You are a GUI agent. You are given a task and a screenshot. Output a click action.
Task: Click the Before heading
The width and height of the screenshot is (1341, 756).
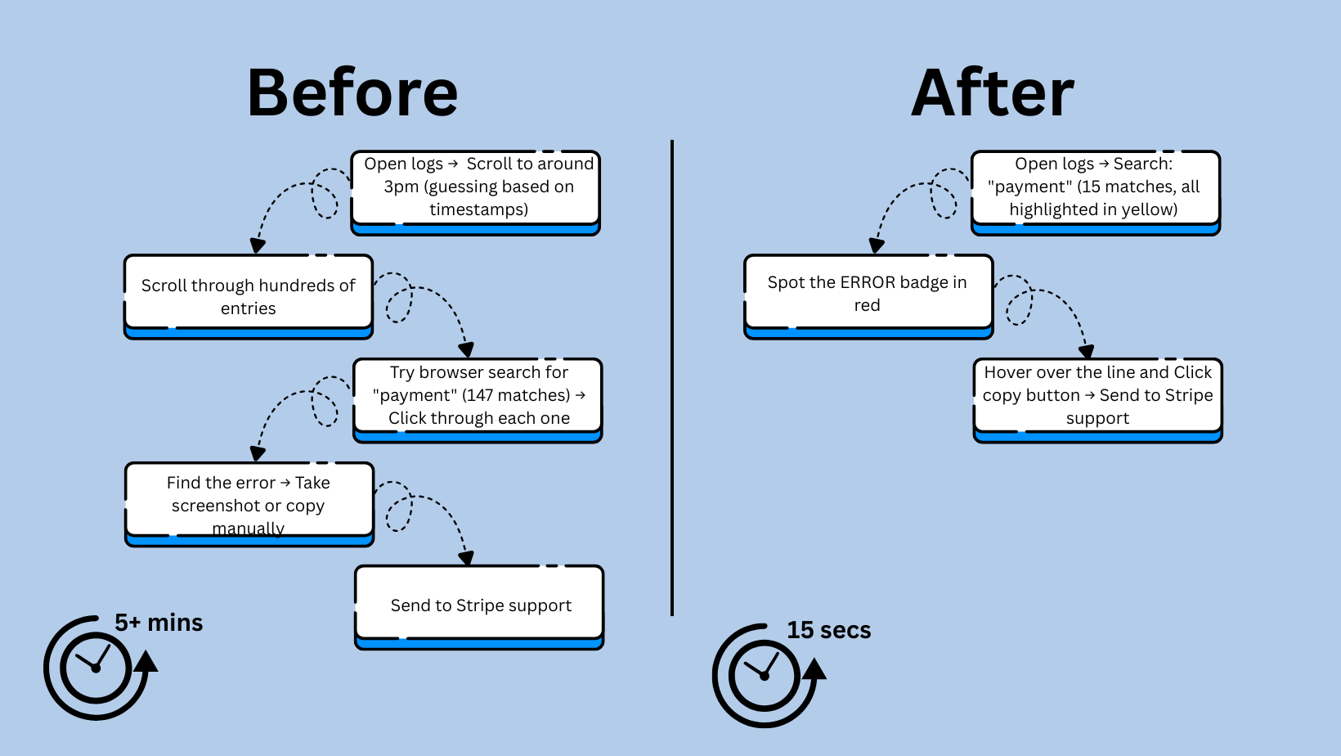(352, 93)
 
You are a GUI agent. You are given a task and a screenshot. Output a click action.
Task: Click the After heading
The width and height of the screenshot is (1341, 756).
(992, 93)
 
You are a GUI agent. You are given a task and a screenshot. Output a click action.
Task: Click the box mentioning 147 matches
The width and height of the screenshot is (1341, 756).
(478, 396)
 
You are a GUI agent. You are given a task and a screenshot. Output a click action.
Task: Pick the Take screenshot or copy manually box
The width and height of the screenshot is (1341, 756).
(249, 501)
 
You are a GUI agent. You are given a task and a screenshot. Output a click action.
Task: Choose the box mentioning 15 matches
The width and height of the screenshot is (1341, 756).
(1095, 188)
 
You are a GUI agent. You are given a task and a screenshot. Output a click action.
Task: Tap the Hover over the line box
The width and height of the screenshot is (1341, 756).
(1097, 396)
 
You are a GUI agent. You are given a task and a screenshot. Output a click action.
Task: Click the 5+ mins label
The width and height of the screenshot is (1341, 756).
(159, 623)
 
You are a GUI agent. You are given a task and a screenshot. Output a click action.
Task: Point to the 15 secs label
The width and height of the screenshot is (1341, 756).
(828, 630)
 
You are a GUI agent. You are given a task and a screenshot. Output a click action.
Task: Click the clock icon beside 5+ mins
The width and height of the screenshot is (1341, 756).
(96, 668)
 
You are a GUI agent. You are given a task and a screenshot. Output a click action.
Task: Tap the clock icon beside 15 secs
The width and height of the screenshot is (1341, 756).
(765, 675)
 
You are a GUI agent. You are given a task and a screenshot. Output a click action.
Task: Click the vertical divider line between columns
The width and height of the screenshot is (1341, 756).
(672, 376)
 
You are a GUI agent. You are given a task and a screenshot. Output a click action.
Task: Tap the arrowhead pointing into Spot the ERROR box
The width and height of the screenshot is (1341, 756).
(877, 245)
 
